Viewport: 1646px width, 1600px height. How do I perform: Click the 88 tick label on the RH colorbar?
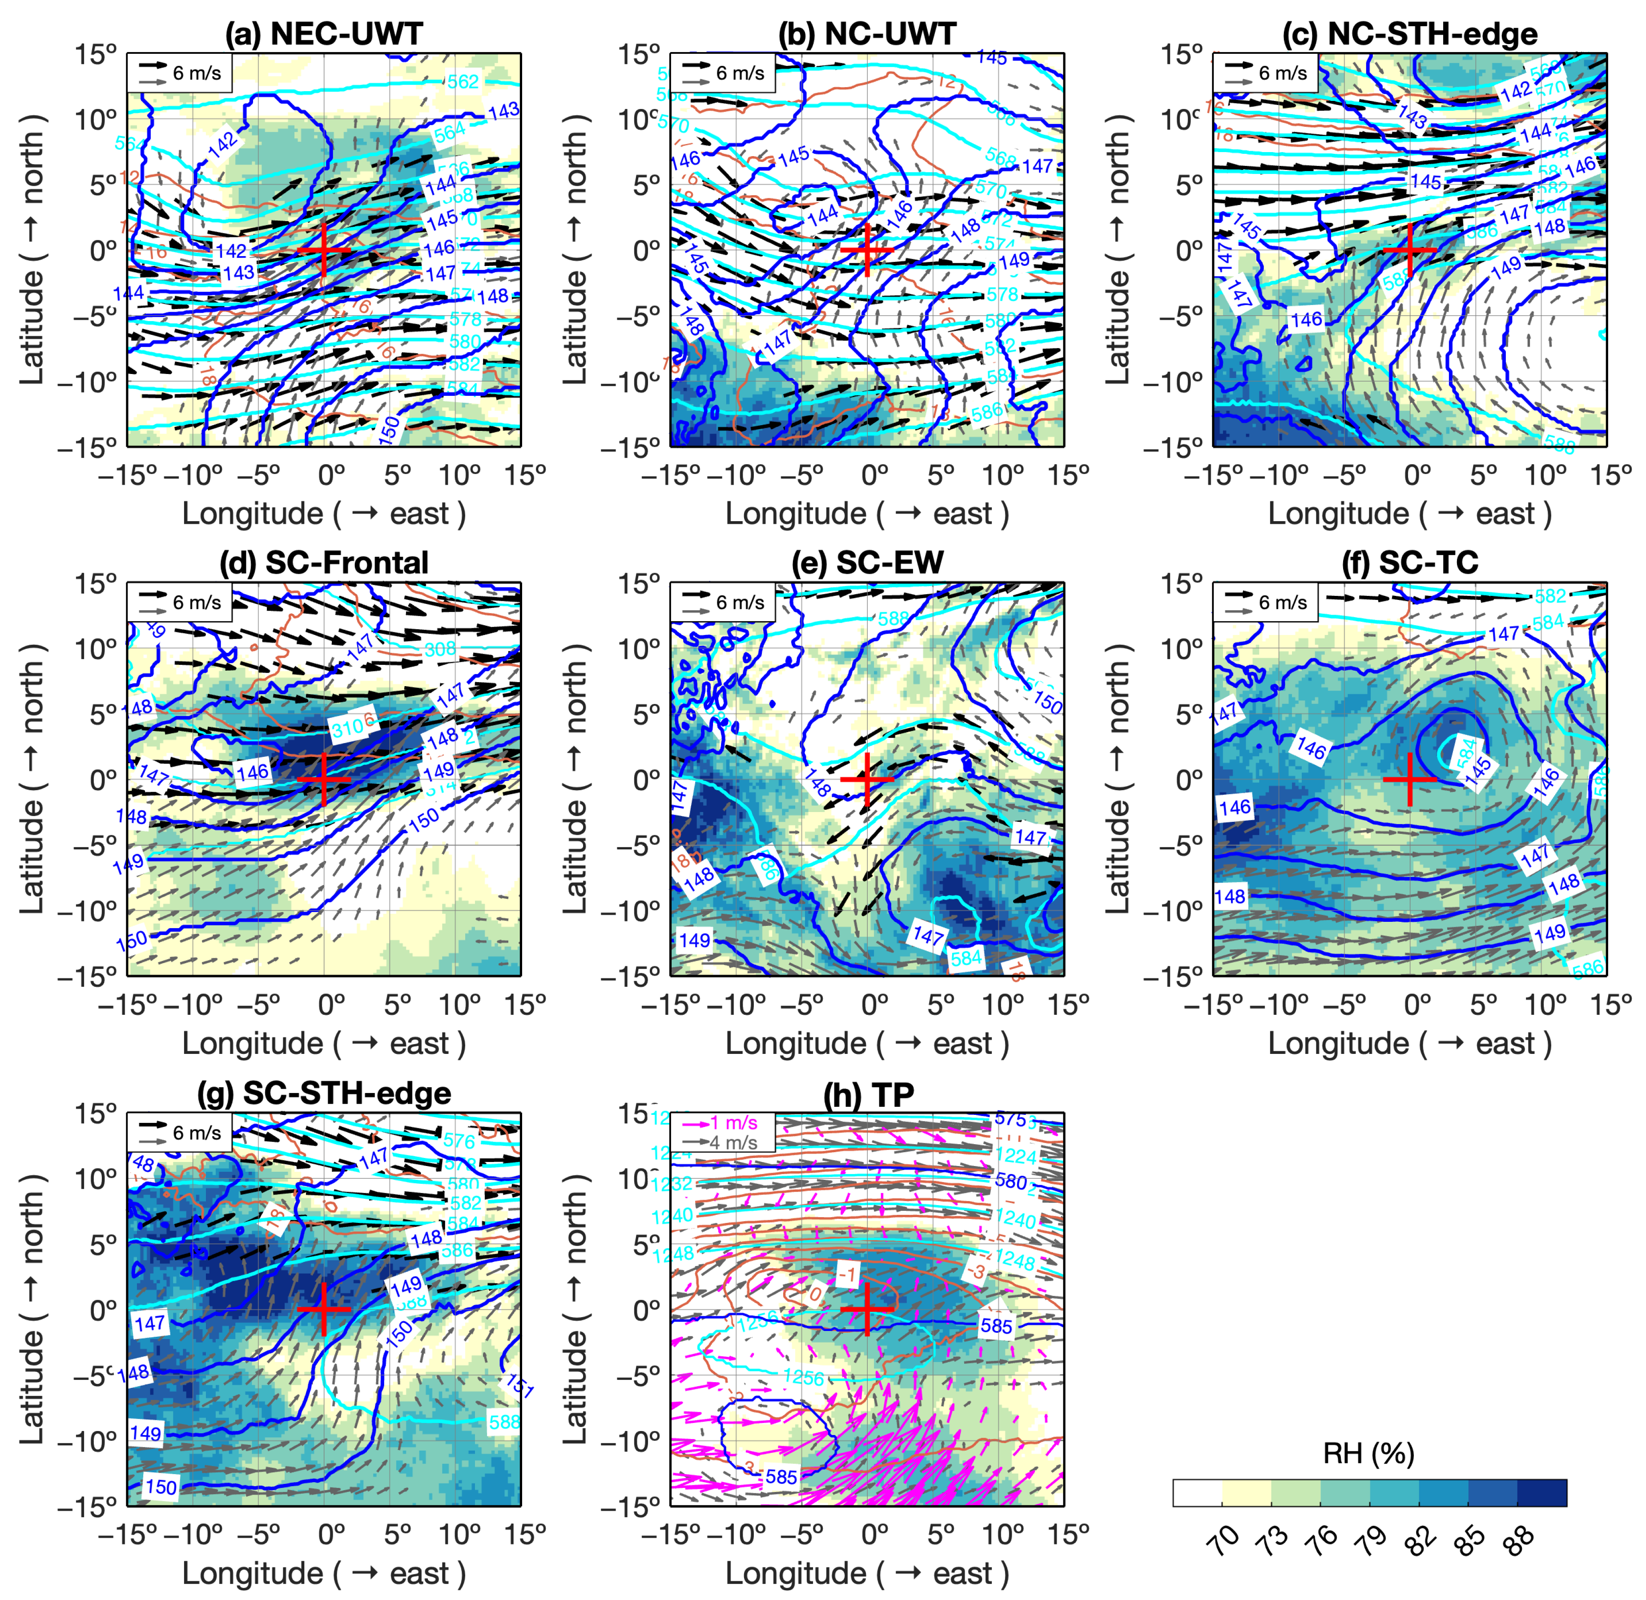[1519, 1540]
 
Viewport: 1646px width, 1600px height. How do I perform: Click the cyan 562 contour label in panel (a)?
[463, 81]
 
